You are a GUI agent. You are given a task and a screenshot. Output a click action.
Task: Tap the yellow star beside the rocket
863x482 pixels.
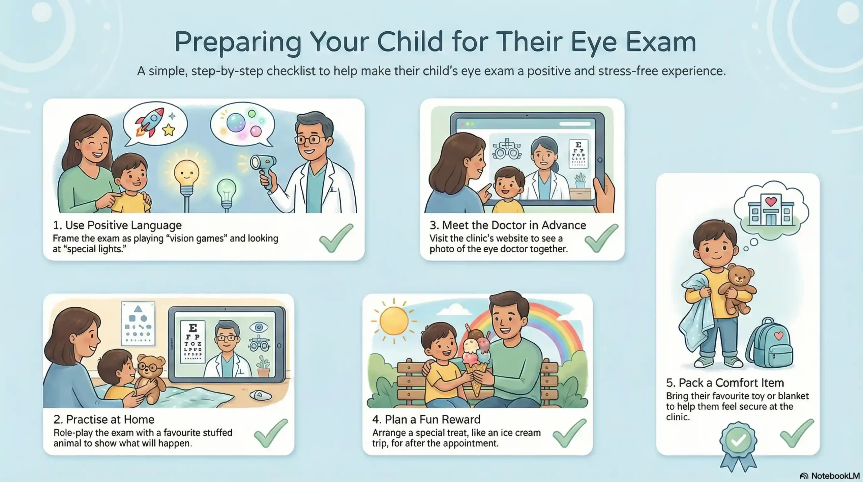tap(168, 130)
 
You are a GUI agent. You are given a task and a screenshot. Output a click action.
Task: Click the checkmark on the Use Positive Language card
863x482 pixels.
tap(336, 238)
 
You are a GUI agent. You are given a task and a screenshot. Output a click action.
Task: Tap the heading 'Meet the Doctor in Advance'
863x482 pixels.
tap(507, 225)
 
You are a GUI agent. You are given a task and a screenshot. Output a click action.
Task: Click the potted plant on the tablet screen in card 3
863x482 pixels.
tap(580, 180)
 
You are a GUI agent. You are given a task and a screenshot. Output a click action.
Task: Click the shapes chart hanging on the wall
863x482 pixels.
tap(138, 324)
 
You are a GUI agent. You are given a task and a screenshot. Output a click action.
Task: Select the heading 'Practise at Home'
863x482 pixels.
tap(104, 419)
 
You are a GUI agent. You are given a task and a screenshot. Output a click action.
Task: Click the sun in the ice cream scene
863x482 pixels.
tap(393, 321)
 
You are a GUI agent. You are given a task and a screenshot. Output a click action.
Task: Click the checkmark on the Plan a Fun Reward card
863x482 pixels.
tap(569, 433)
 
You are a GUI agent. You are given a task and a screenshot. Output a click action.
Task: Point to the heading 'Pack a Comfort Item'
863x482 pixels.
tap(725, 383)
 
